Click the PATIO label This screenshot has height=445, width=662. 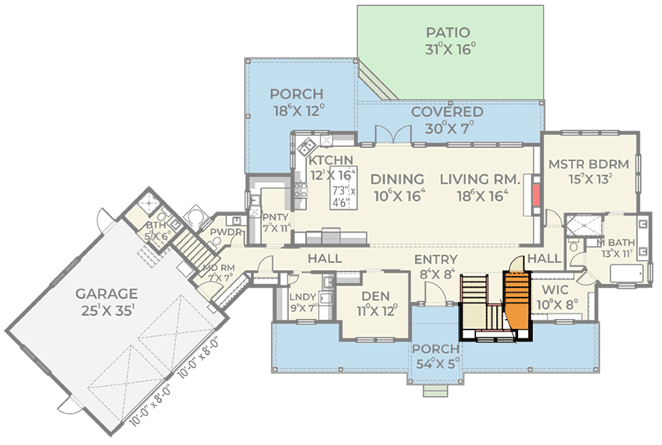(448, 33)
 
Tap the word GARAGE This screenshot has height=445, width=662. (107, 293)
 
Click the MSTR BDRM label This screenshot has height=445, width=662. (588, 165)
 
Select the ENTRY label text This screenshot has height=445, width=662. (435, 260)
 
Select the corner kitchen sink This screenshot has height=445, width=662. (305, 144)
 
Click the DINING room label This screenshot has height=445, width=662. (399, 179)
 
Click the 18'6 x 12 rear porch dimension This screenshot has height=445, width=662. (296, 110)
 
